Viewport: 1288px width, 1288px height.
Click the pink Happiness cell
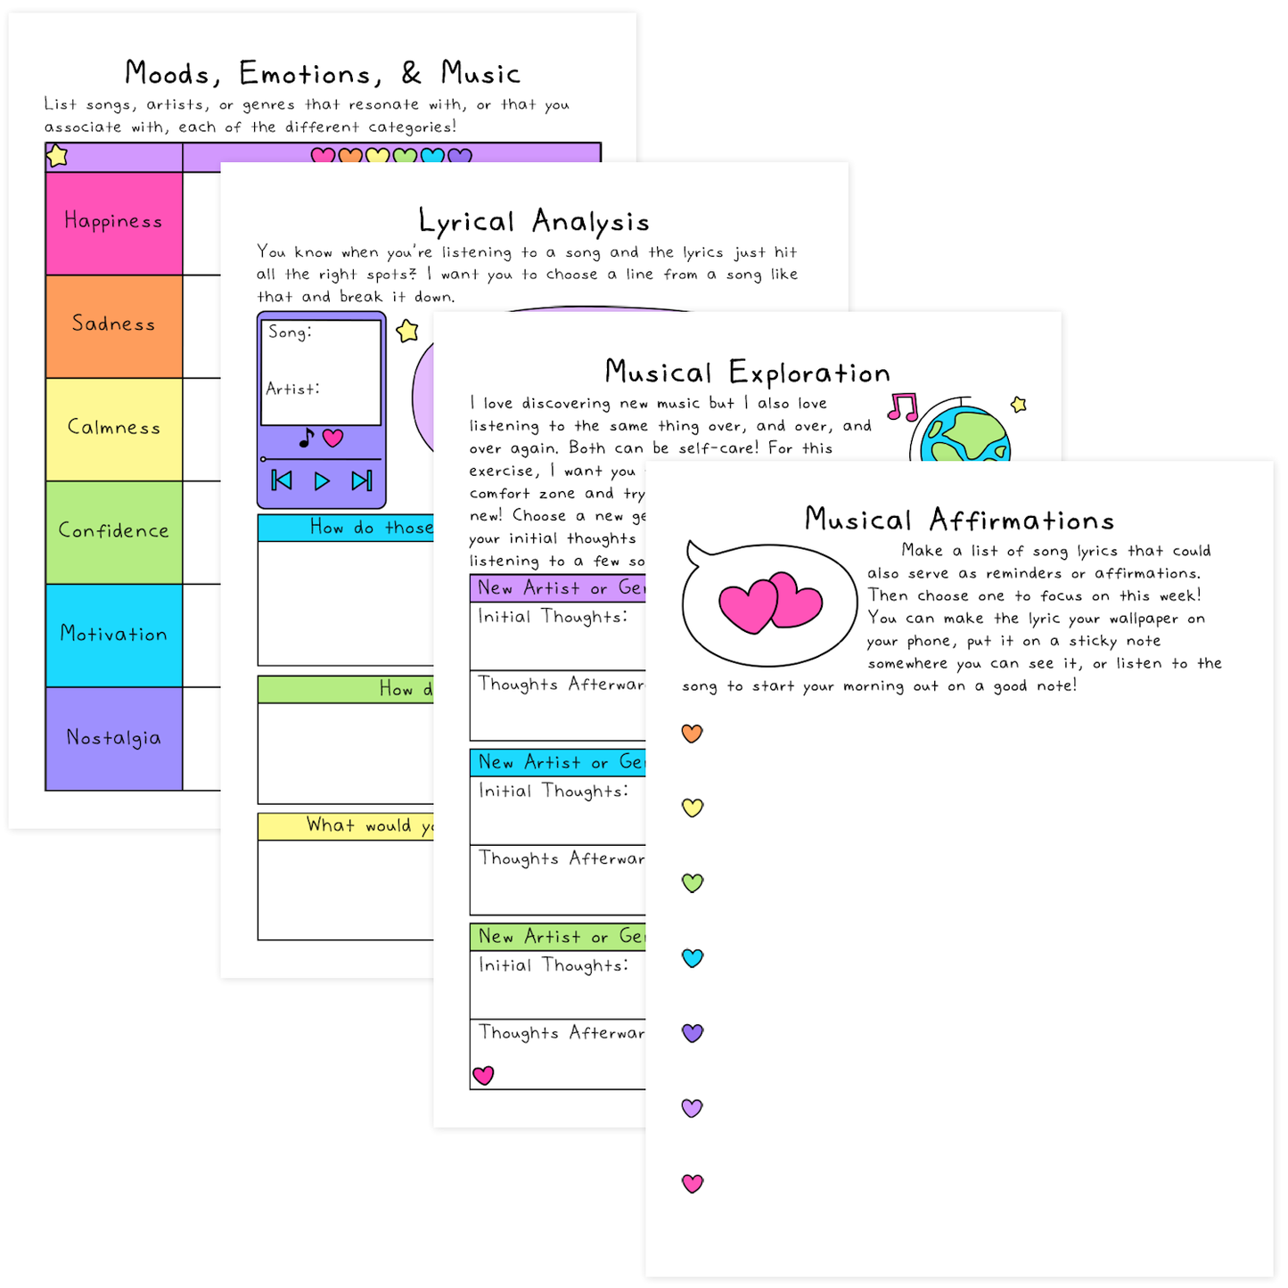pyautogui.click(x=114, y=223)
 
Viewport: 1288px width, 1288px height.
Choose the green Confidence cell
pyautogui.click(x=114, y=532)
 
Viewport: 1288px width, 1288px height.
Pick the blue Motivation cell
pyautogui.click(x=114, y=636)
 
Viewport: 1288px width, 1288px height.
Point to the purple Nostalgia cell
pyautogui.click(x=114, y=739)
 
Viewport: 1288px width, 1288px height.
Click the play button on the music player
pyautogui.click(x=322, y=481)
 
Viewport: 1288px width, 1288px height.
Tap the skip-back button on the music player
pyautogui.click(x=282, y=481)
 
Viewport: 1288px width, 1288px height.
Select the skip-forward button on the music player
pyautogui.click(x=361, y=481)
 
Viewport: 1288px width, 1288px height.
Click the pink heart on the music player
pyautogui.click(x=333, y=438)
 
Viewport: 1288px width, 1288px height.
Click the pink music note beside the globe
pyautogui.click(x=903, y=407)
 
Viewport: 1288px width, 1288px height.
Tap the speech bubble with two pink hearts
pyautogui.click(x=767, y=604)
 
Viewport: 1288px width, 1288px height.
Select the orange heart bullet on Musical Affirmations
pyautogui.click(x=693, y=733)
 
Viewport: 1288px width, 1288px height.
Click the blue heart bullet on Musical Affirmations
pyautogui.click(x=693, y=958)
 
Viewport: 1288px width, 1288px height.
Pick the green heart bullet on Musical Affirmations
pyautogui.click(x=693, y=882)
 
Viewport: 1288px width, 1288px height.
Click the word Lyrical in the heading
pyautogui.click(x=467, y=222)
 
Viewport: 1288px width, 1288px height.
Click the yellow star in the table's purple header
pyautogui.click(x=58, y=156)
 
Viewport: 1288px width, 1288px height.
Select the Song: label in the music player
pyautogui.click(x=290, y=332)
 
